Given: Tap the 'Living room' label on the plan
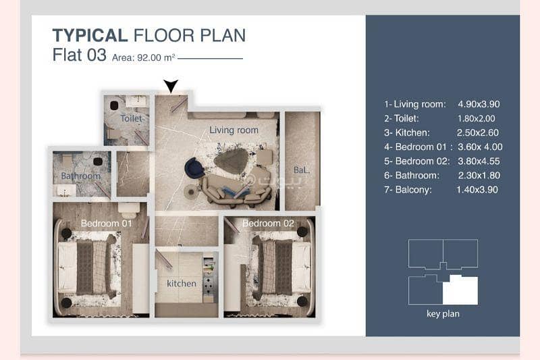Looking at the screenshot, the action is [x=234, y=130].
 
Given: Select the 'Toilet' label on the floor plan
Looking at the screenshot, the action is [x=131, y=118].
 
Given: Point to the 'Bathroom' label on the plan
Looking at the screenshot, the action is [x=80, y=176].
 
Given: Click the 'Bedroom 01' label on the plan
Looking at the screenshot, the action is [x=107, y=224].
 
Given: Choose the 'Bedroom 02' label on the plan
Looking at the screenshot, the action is [x=268, y=224].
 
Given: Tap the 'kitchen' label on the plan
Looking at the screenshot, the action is [x=182, y=283].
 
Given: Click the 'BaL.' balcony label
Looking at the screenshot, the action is [x=301, y=170].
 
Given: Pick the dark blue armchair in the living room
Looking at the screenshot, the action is [x=194, y=168].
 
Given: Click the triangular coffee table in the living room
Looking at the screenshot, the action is [x=231, y=161].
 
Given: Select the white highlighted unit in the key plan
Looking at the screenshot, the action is [x=460, y=290].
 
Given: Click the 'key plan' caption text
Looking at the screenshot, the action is [x=443, y=314].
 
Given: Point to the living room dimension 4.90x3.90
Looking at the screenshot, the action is [x=479, y=104].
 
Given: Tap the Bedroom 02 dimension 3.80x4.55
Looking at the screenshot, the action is [x=479, y=161].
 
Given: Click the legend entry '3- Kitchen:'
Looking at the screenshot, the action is [x=407, y=132].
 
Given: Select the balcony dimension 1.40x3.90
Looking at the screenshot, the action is [x=477, y=190].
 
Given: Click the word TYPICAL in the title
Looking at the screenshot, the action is [x=90, y=36].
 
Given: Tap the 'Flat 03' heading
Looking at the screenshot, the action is [x=79, y=55].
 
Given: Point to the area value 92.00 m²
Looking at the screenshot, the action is [x=156, y=57].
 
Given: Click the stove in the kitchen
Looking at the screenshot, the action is [x=209, y=285].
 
